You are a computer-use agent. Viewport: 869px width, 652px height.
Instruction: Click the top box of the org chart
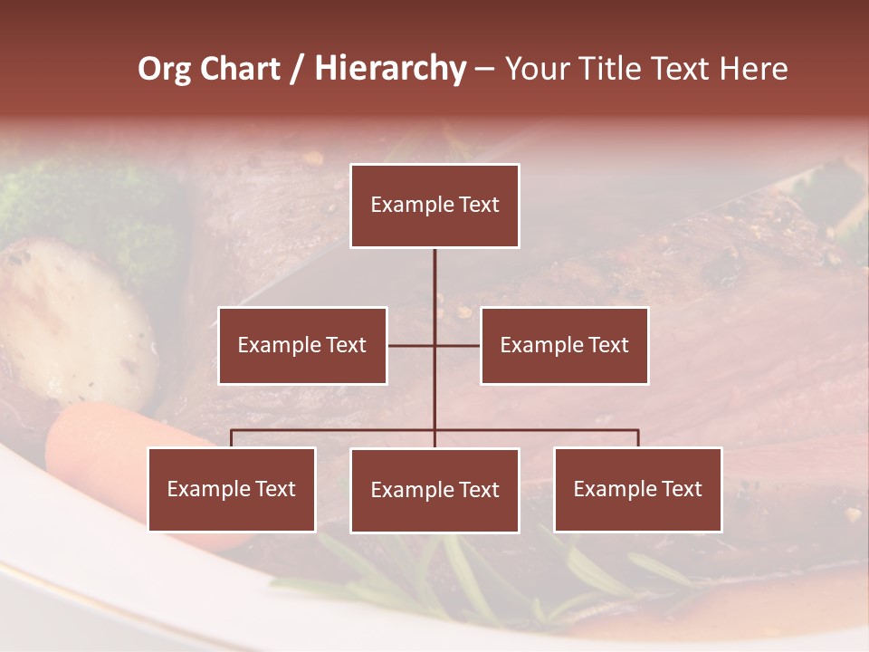434,206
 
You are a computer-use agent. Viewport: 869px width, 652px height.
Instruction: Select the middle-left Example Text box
302,345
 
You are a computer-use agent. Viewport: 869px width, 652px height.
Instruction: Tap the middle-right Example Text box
564,345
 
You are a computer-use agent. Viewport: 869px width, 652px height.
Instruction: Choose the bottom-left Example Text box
232,489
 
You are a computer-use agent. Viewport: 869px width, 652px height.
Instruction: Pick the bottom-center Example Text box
434,490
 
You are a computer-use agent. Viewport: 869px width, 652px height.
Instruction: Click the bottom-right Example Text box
637,489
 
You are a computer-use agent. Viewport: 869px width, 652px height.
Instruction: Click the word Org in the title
163,69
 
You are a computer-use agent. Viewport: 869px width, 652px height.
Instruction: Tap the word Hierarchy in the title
389,69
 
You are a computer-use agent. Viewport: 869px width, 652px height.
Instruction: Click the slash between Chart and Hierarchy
297,69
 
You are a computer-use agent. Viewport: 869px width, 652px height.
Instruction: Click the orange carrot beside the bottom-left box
91,444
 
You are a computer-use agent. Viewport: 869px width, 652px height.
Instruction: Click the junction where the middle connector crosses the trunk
434,345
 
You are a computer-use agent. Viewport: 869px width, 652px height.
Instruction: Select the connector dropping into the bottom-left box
232,438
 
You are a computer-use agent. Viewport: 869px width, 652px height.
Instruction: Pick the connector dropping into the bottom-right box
637,438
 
